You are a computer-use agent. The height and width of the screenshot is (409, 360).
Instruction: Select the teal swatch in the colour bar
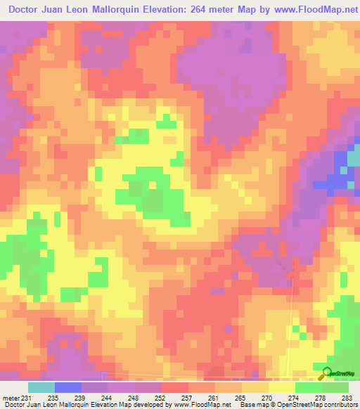click(x=41, y=387)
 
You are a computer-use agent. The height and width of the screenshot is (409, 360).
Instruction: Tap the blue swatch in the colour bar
click(x=67, y=387)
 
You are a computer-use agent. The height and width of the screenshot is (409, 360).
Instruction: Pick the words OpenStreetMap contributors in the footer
click(x=319, y=405)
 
